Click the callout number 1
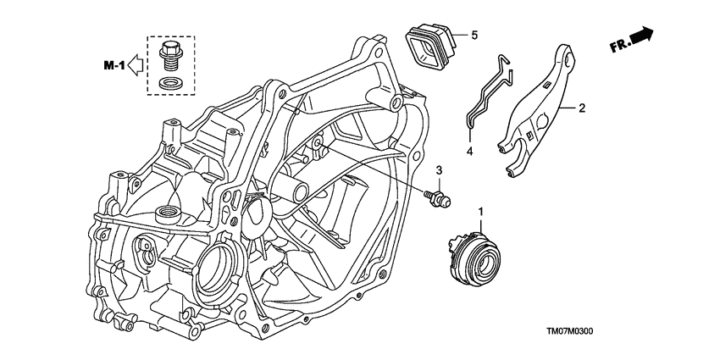click(x=481, y=212)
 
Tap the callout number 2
click(x=581, y=108)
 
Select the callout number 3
click(x=439, y=170)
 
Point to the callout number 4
click(x=470, y=150)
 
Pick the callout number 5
click(x=474, y=35)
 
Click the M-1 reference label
click(x=114, y=66)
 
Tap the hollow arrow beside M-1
click(x=135, y=64)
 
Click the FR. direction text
click(x=620, y=45)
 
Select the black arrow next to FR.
click(x=641, y=35)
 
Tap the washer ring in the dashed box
click(x=170, y=84)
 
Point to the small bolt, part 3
click(x=438, y=198)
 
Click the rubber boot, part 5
click(x=429, y=47)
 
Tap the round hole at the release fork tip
click(x=569, y=58)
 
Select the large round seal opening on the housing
click(x=215, y=268)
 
